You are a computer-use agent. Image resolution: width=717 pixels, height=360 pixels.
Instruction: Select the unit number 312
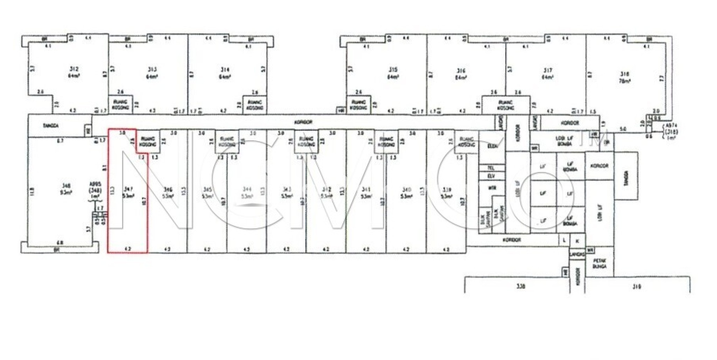(74, 69)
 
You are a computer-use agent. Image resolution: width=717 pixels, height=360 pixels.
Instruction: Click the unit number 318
(624, 74)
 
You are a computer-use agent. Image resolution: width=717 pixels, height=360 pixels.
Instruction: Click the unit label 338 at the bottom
(521, 286)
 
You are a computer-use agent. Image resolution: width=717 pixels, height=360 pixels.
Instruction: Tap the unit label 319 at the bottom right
(637, 287)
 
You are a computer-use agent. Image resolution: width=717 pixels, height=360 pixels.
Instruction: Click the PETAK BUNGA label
(599, 263)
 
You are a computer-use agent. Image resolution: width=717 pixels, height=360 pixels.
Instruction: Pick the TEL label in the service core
(491, 168)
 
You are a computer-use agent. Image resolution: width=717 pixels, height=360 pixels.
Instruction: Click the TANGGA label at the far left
(50, 125)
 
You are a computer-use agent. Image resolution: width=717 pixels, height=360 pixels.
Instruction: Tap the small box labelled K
(578, 241)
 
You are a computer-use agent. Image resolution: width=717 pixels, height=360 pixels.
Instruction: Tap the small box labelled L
(564, 240)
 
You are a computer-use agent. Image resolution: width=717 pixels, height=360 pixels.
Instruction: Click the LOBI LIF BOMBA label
(564, 141)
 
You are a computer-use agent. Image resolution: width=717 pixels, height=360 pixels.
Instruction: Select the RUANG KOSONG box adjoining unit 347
(148, 141)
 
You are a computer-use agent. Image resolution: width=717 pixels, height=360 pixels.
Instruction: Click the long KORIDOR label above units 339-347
(303, 122)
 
